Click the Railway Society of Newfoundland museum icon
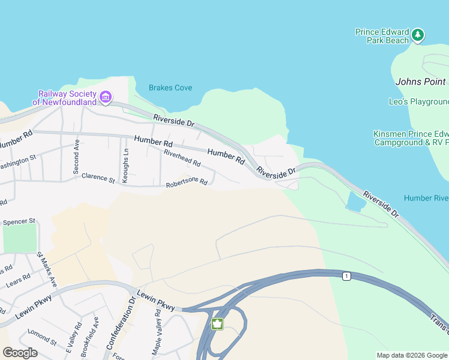click(x=106, y=97)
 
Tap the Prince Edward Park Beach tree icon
click(x=418, y=36)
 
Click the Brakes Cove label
click(x=170, y=88)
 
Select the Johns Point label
click(x=421, y=82)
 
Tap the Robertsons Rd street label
click(x=187, y=182)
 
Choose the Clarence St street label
click(x=98, y=178)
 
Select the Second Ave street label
click(x=76, y=157)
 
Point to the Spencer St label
click(x=19, y=222)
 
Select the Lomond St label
click(x=43, y=337)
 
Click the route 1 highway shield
click(x=346, y=276)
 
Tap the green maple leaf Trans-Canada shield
click(x=217, y=324)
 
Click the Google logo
click(x=20, y=353)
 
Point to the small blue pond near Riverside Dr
click(x=355, y=202)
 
